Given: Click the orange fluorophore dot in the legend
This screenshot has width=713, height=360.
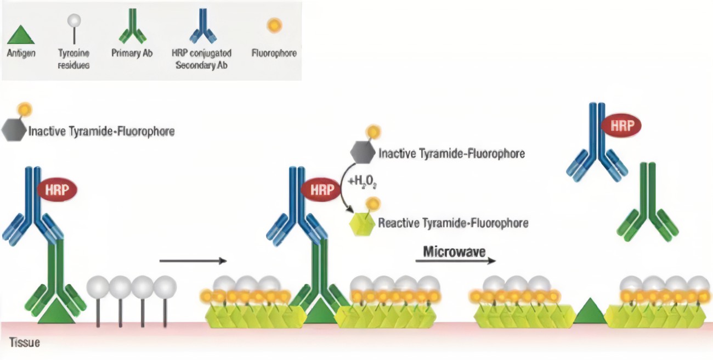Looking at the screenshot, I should pos(274,25).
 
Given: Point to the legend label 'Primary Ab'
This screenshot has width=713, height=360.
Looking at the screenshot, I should pos(132,54).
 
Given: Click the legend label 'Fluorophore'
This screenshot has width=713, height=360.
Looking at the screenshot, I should pos(274,54).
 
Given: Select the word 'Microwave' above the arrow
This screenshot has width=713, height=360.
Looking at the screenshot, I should pos(454,252).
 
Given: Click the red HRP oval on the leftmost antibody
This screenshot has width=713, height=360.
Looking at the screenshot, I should pos(56,190).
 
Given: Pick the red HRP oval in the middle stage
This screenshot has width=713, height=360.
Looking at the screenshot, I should pos(321,190).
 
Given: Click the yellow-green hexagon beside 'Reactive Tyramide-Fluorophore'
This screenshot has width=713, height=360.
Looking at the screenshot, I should pos(363,223).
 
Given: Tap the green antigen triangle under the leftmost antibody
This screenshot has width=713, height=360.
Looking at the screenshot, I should pos(56,312).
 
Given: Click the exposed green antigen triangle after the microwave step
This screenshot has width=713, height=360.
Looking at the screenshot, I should pos(590,311).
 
